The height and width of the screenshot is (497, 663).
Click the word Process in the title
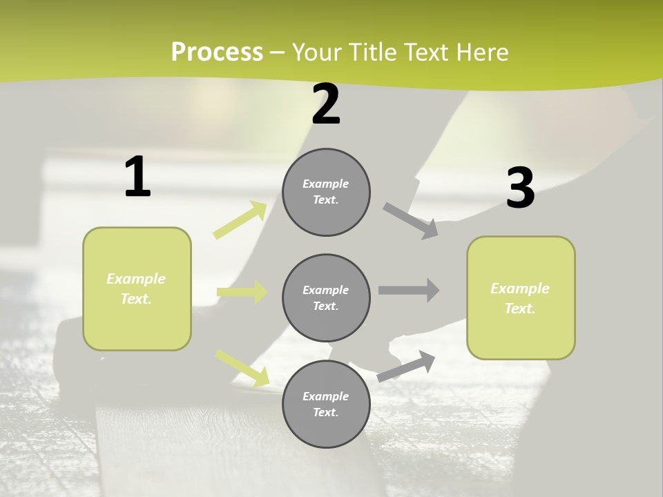coord(217,52)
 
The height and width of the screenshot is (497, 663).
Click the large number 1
coord(137,177)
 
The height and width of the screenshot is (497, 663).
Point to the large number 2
coord(326,104)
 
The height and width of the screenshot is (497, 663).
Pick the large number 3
coord(520,188)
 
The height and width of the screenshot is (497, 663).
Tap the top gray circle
coord(326,192)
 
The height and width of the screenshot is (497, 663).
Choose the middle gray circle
coord(326,298)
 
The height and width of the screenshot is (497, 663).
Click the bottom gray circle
coord(326,405)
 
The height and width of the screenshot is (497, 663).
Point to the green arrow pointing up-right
coord(240,220)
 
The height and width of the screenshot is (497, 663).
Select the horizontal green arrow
coord(242,292)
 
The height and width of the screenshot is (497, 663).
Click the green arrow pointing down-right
coord(242,368)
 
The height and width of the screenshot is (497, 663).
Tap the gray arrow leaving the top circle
coord(411,220)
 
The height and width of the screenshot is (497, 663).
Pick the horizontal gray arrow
coord(409,290)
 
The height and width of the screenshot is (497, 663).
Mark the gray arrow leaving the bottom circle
coord(406,366)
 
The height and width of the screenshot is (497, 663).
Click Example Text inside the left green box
coord(136,289)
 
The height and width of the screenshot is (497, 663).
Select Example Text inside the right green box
coord(520,298)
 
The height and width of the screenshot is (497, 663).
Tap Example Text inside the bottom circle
coord(325,405)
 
